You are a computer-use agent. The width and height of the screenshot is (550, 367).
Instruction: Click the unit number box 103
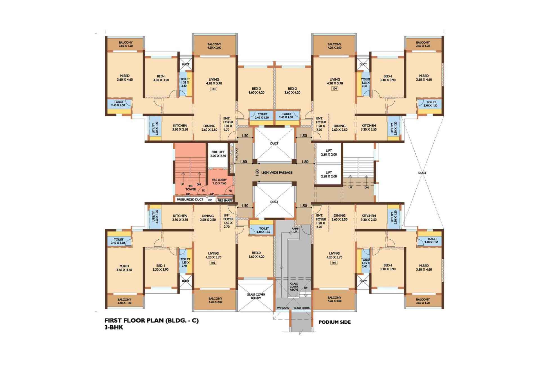point(213,89)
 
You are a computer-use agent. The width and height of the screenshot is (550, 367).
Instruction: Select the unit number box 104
point(335,89)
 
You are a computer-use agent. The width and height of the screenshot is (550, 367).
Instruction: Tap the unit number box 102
point(213,263)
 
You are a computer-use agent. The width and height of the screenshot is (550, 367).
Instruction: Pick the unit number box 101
point(334,263)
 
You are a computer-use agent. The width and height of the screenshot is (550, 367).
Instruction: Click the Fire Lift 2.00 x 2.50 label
point(219,154)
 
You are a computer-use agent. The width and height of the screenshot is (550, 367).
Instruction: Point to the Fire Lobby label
point(219,181)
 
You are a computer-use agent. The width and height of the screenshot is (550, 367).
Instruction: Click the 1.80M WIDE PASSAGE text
point(276,173)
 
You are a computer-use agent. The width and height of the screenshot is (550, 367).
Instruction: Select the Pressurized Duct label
point(190,200)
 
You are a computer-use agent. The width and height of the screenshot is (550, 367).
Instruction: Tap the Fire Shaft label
point(225,201)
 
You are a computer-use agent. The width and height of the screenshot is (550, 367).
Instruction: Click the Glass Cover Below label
point(256,296)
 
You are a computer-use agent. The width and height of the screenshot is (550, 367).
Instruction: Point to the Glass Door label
point(302,308)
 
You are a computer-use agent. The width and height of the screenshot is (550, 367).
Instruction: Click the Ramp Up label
point(295,230)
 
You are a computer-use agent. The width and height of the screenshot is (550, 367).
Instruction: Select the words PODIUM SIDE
point(335,322)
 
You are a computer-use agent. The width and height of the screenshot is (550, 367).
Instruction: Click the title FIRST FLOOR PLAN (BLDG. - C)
point(151,321)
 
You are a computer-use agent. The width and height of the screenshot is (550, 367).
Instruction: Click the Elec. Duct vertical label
point(236,154)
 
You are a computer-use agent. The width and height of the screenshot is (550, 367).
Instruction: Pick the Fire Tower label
point(190,188)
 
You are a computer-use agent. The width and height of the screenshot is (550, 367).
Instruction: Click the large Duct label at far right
point(422,173)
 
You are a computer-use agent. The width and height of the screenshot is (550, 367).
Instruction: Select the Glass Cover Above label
point(294,286)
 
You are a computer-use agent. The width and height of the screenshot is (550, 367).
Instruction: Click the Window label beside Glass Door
point(283,308)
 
